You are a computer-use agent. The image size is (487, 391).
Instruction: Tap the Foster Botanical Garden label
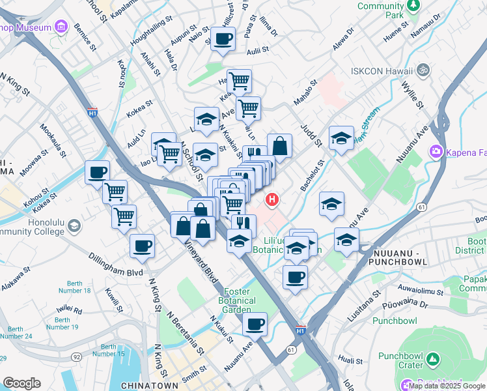[236, 300]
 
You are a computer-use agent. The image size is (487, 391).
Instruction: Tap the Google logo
[21, 383]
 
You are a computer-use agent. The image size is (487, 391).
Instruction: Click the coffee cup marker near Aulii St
[223, 38]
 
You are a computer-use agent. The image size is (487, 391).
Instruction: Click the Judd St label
[311, 135]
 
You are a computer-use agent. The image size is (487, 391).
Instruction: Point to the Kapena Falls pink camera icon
[435, 152]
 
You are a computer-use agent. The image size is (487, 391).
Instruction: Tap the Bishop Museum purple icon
[61, 27]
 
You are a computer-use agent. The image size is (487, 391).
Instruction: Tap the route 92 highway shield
[77, 356]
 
